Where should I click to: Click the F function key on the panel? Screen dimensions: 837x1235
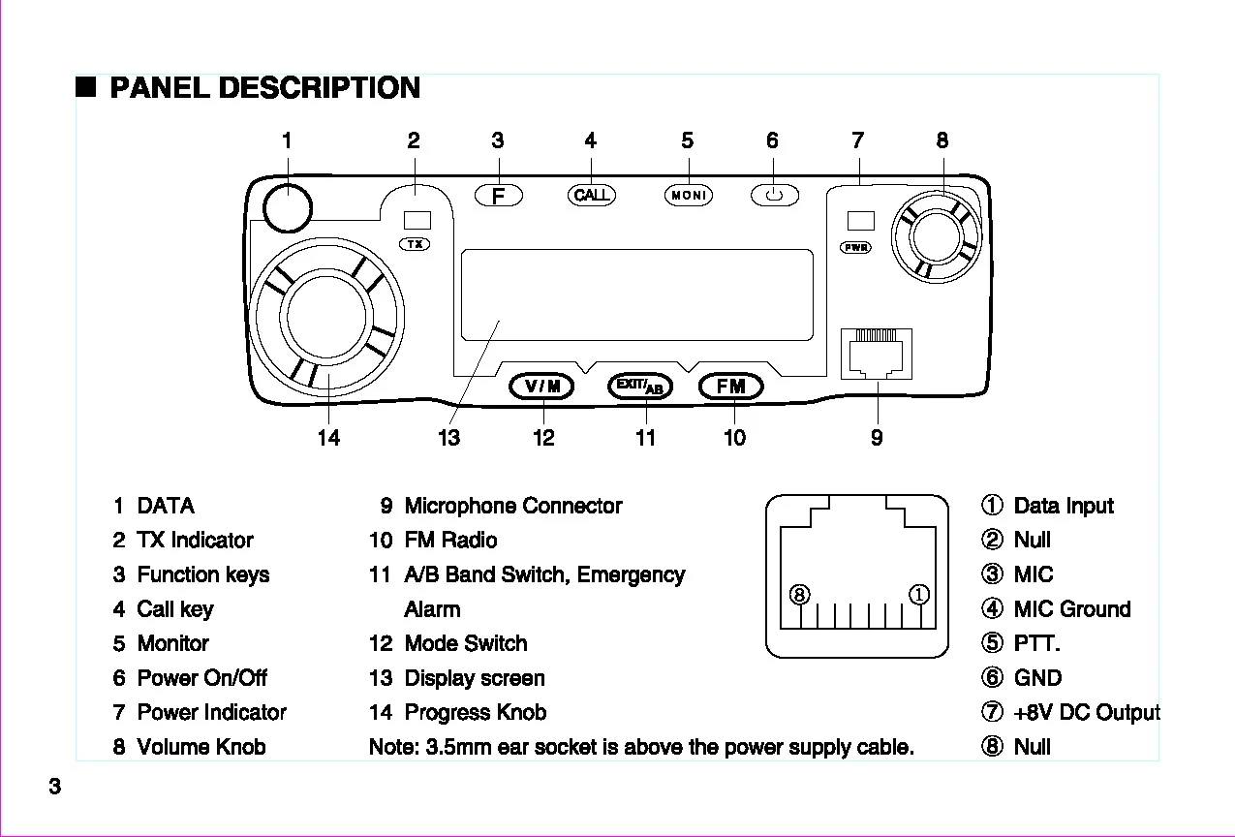tap(498, 196)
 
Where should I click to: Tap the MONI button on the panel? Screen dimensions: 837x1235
tap(688, 196)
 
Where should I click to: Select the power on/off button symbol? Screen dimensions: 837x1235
tap(774, 196)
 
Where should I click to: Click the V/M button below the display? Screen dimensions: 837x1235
tap(542, 387)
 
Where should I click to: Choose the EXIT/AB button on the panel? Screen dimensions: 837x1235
tap(640, 387)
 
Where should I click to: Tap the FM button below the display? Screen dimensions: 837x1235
tap(731, 387)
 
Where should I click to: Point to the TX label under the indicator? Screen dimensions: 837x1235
tap(416, 244)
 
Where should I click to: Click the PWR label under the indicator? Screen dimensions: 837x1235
tap(856, 248)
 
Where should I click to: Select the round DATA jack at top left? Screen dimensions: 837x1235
tap(287, 206)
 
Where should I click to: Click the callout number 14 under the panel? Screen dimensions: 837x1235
tap(328, 438)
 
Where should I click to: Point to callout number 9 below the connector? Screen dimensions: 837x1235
tap(877, 438)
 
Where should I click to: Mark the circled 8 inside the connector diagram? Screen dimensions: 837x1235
tap(799, 595)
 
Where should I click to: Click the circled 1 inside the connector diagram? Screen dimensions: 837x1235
tap(919, 595)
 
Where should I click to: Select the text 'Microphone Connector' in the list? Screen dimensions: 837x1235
tap(512, 506)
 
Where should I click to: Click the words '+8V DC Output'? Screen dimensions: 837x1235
tap(1086, 713)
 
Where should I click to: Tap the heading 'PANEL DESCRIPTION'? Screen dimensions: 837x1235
tap(264, 88)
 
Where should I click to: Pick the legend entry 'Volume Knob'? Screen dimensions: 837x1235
tap(201, 747)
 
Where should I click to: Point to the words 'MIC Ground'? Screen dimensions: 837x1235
tap(1071, 609)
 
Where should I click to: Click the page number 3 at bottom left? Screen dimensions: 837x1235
tap(55, 787)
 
